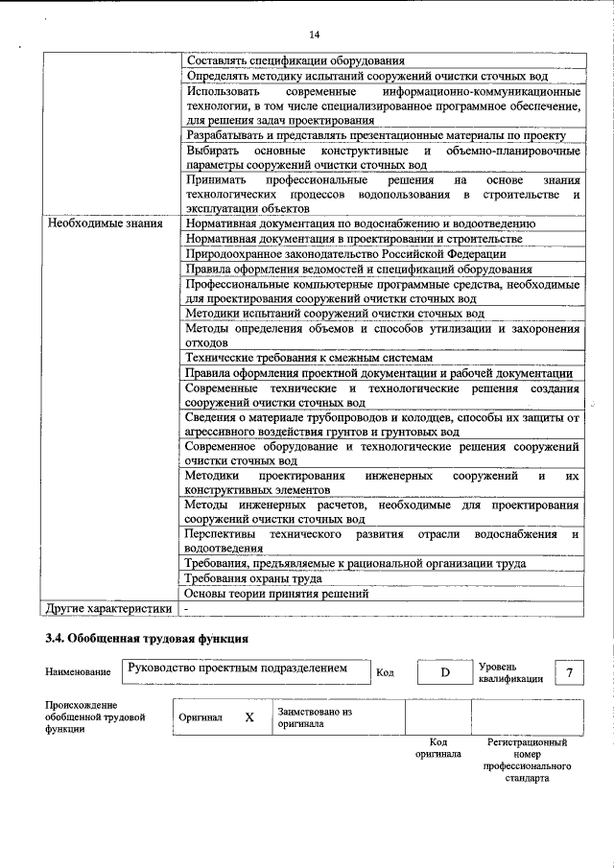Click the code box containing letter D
(445, 672)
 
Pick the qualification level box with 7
(570, 672)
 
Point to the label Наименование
(78, 672)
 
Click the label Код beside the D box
(385, 673)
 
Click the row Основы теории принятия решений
(276, 594)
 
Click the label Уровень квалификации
(510, 671)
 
